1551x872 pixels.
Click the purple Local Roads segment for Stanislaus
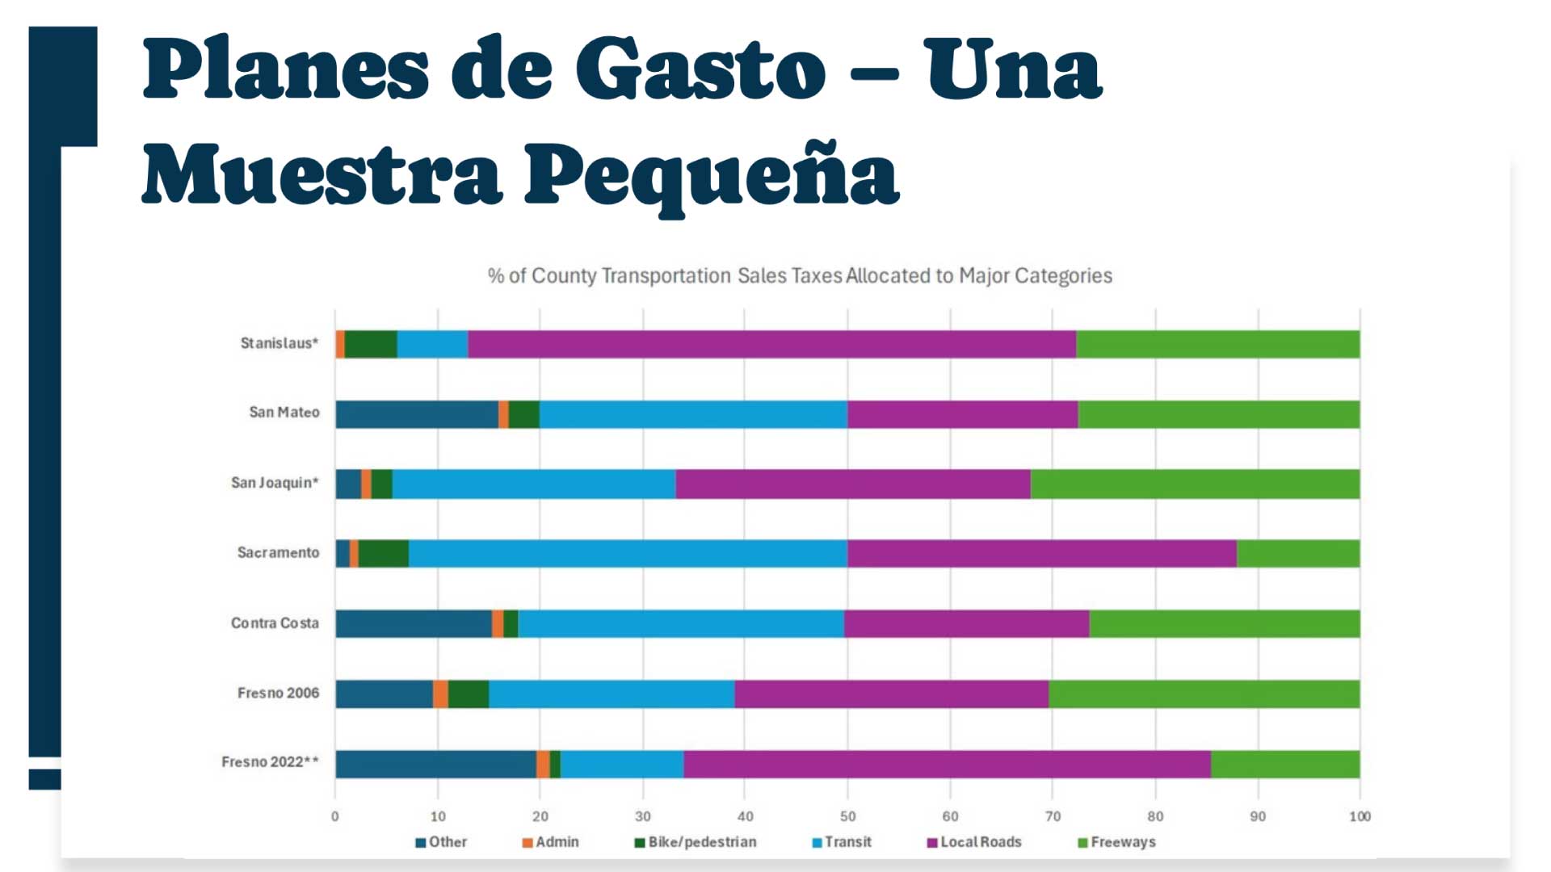coord(771,344)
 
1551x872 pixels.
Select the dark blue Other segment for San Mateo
coord(417,414)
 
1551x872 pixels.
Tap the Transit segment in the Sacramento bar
coord(628,554)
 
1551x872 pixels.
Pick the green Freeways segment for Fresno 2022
coord(1284,764)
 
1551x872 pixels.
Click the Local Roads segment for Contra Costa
coord(966,623)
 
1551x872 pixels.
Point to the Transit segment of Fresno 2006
coord(612,694)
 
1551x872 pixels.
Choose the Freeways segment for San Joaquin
coord(1195,484)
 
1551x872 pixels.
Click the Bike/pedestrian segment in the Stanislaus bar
coord(371,344)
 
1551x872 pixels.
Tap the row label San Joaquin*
coord(275,483)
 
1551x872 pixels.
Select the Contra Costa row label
coord(275,623)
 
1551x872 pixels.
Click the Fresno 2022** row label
coord(270,762)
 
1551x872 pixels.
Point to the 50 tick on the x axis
coord(847,816)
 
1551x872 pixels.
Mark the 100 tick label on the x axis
coord(1360,816)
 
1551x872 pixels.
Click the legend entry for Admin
coord(551,842)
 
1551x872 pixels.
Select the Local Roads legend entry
coord(974,842)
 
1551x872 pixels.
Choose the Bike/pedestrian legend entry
coord(696,842)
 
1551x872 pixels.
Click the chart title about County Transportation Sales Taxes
coord(800,276)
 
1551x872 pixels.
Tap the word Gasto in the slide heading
coord(700,70)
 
